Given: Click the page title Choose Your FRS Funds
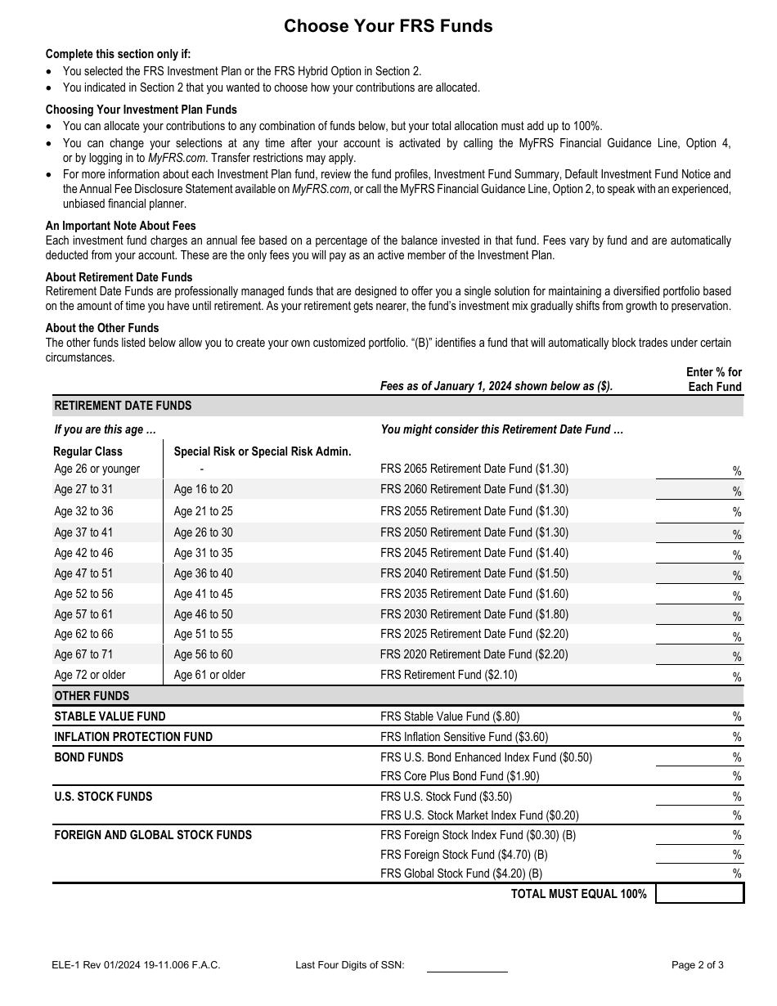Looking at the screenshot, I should click(x=388, y=26).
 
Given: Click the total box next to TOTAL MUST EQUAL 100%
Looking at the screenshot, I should click(x=699, y=894).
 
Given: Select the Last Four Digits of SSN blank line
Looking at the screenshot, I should click(x=467, y=965).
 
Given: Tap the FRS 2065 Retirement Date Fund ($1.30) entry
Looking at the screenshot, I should click(x=474, y=469).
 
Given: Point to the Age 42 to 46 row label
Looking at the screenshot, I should click(x=83, y=553).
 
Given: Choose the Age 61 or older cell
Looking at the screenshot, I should click(x=209, y=675).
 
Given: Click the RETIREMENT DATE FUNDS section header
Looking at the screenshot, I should click(x=123, y=406).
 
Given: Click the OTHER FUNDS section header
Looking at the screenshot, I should click(x=92, y=696).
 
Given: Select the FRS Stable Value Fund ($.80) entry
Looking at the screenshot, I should click(x=449, y=716).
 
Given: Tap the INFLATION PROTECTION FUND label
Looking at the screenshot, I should click(x=133, y=737).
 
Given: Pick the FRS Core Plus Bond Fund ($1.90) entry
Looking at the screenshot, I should click(x=460, y=776).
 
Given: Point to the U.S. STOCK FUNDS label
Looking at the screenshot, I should click(x=103, y=797).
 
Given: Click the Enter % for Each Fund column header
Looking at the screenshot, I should click(x=713, y=379).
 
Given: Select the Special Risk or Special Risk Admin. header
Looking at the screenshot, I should click(x=263, y=451).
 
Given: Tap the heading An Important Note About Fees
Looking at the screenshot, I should click(x=120, y=226).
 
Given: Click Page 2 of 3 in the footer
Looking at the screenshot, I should click(x=697, y=965).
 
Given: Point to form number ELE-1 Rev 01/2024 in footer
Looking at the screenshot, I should click(x=135, y=965).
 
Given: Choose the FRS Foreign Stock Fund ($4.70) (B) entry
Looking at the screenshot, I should click(x=464, y=855).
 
